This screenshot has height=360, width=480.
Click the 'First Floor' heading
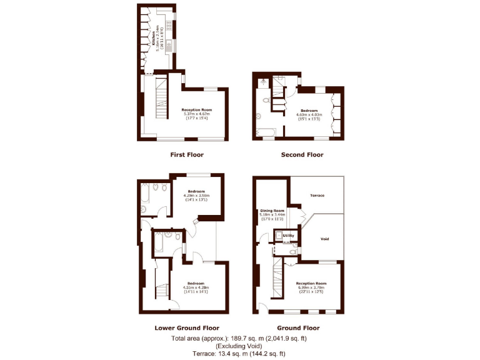(187, 154)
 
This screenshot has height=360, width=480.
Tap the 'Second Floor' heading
(302, 154)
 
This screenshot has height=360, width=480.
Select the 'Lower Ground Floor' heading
(187, 327)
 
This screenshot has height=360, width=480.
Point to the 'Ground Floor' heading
(298, 327)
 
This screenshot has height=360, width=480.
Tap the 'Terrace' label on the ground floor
(317, 196)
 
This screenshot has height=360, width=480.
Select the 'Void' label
(324, 239)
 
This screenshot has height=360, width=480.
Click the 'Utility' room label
(289, 236)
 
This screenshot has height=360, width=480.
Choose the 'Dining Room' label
(272, 211)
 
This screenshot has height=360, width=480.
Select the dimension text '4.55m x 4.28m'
(195, 287)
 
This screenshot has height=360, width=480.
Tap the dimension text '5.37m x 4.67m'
(197, 114)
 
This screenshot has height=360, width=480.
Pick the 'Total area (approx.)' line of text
(240, 338)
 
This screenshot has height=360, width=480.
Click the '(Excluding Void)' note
(240, 346)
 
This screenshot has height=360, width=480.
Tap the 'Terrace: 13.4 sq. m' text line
(240, 353)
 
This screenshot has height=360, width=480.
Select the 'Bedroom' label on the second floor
(308, 110)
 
